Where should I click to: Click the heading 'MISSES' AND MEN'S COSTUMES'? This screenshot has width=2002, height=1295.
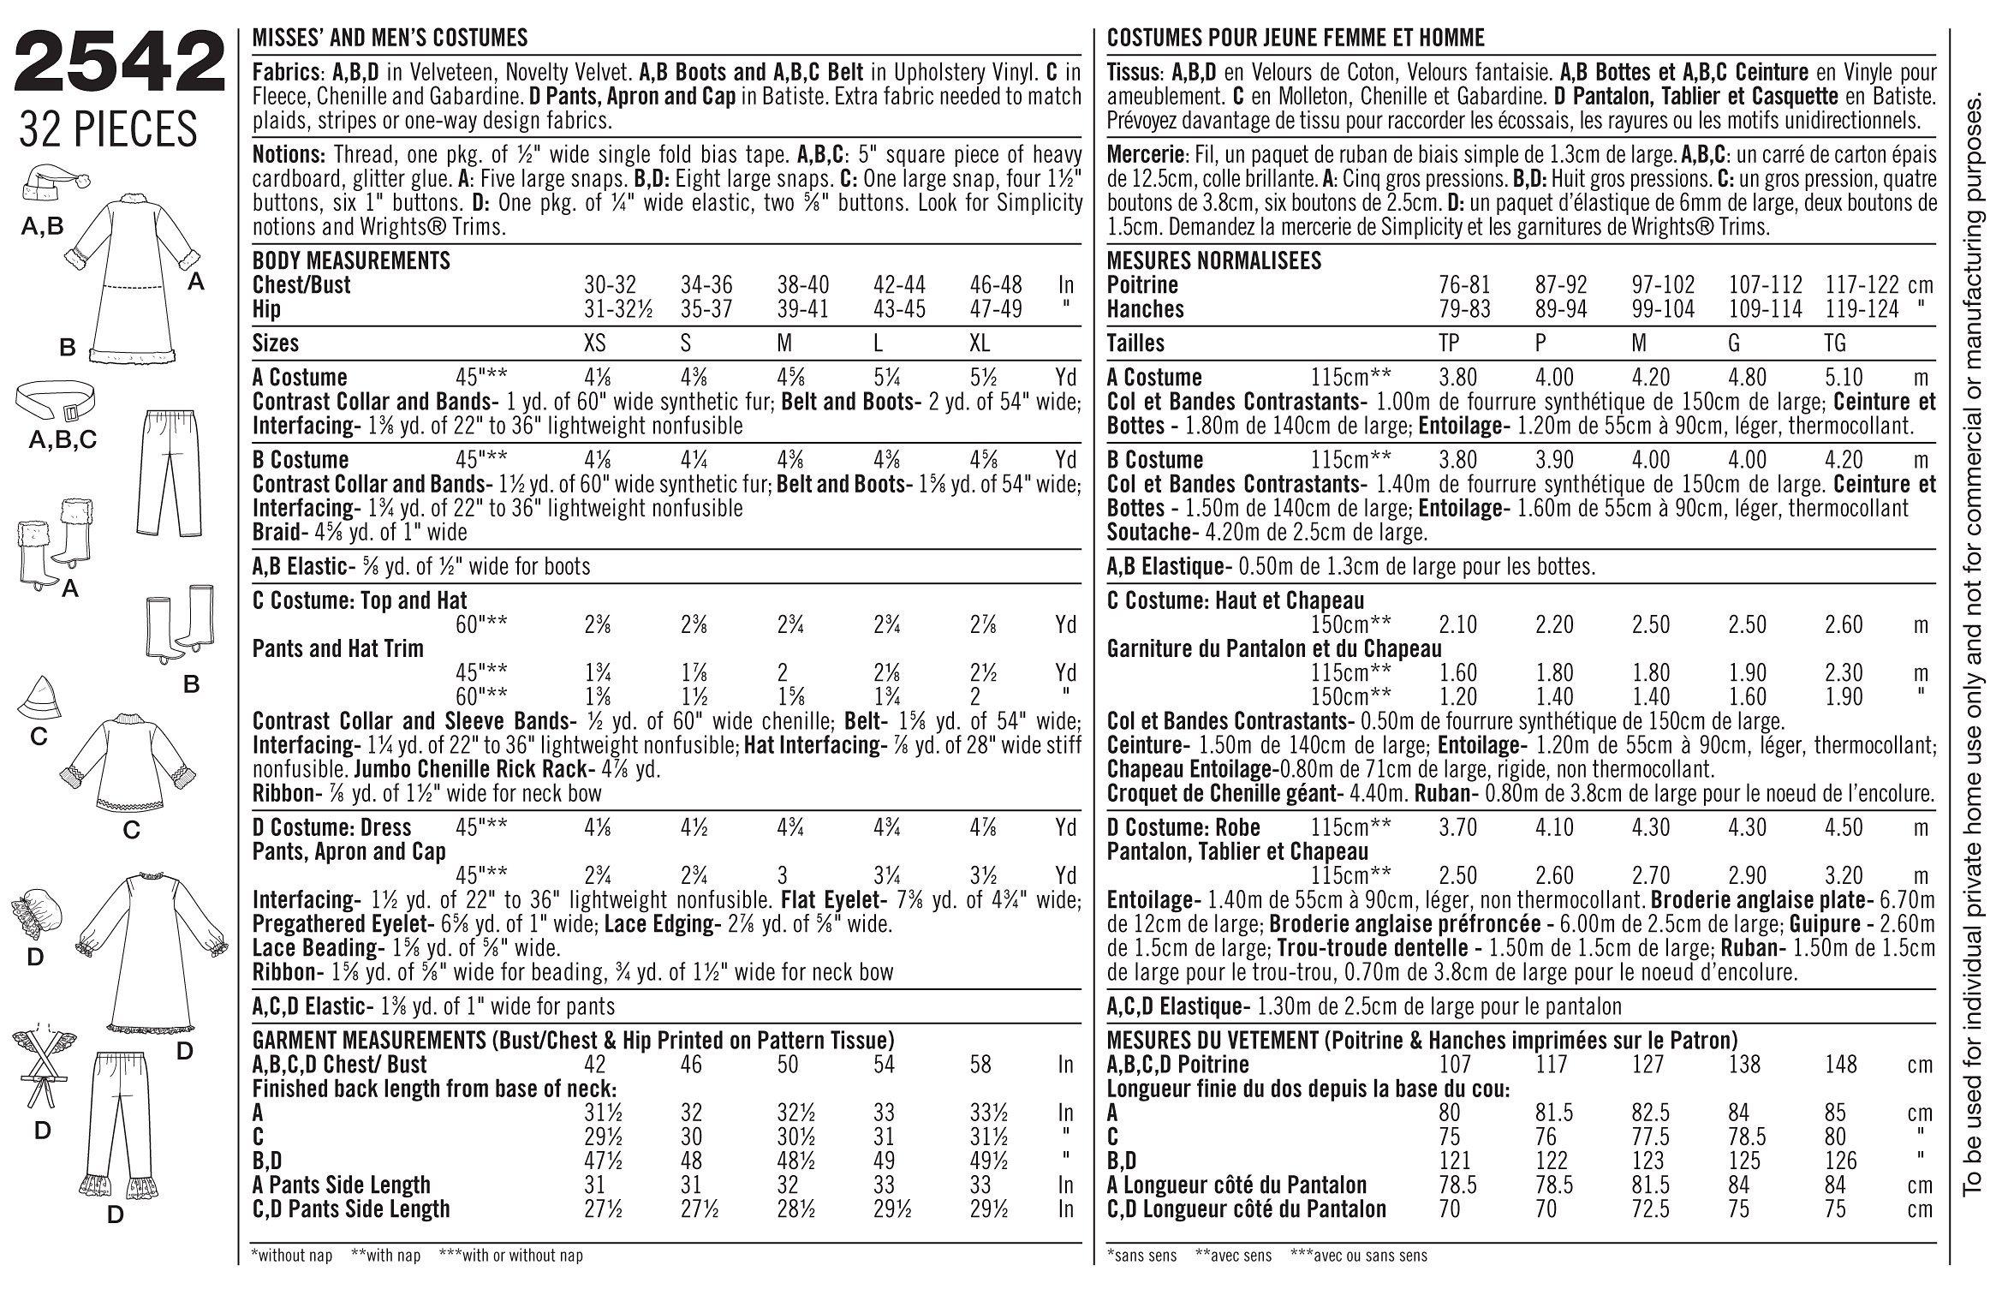point(390,38)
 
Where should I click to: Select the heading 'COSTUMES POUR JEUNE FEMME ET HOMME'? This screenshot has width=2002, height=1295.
point(1296,38)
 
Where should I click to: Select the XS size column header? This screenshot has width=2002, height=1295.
point(594,343)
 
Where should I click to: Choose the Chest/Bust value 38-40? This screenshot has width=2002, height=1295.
point(804,285)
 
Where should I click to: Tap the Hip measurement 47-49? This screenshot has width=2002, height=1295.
point(996,309)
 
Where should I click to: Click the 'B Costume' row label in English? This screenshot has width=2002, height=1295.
point(300,460)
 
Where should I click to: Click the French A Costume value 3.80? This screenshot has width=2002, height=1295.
point(1458,378)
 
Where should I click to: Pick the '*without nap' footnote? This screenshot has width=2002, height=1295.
point(291,1256)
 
